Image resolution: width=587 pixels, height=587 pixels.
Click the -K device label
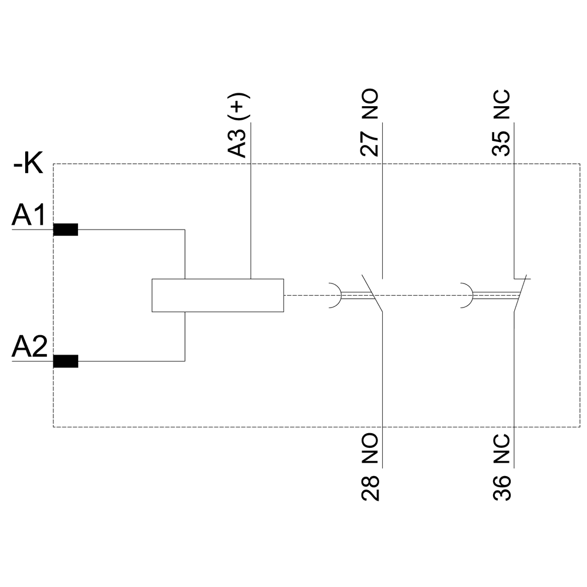28,164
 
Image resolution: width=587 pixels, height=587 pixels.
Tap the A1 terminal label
27,217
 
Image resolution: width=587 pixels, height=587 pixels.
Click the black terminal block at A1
65,230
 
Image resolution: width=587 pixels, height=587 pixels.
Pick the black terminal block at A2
65,362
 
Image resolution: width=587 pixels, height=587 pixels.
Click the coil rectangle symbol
217,295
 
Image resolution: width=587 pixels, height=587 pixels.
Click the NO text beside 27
370,106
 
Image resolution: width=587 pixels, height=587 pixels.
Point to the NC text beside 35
501,106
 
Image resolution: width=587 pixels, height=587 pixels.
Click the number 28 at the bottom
370,488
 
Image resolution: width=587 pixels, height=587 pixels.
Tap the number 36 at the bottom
501,488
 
